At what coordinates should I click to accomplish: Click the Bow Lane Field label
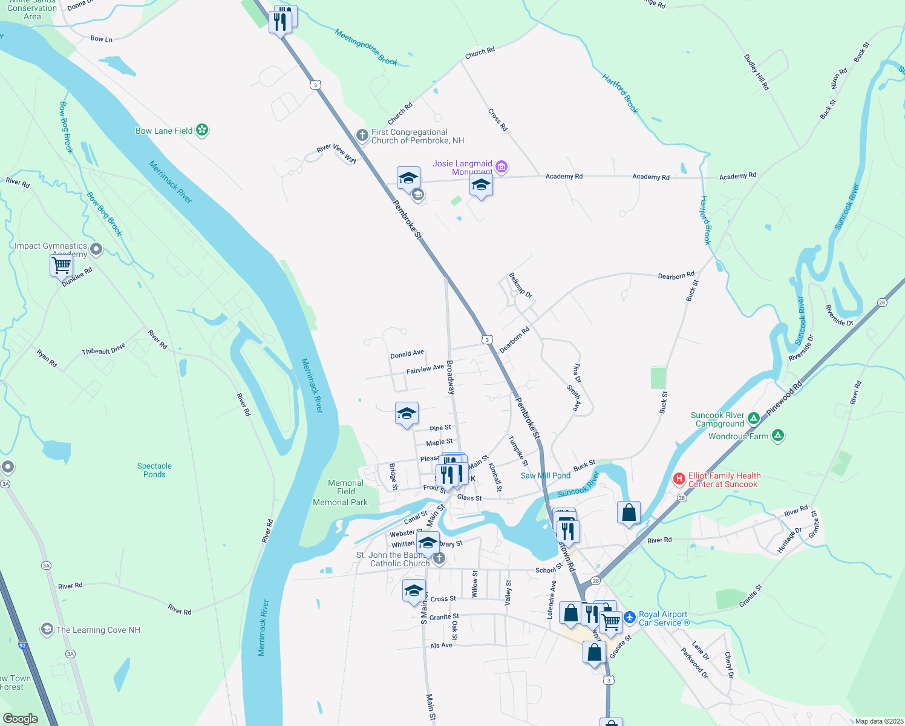(x=164, y=131)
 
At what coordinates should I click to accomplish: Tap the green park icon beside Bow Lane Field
(x=203, y=130)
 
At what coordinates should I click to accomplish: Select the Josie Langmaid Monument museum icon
(x=501, y=166)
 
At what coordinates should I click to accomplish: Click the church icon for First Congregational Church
(x=362, y=135)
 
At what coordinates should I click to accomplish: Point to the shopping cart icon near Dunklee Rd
(x=61, y=265)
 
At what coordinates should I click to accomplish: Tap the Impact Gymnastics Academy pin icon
(x=96, y=249)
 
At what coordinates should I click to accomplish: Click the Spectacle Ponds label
(x=154, y=470)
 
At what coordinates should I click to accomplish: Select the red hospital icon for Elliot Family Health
(x=679, y=479)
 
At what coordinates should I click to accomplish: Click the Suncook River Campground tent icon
(x=753, y=418)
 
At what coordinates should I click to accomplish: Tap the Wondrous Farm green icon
(x=778, y=436)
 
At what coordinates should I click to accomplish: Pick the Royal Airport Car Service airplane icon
(x=630, y=618)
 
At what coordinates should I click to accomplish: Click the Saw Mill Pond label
(x=546, y=476)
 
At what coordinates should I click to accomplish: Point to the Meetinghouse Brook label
(x=366, y=47)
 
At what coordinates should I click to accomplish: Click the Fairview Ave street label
(x=425, y=368)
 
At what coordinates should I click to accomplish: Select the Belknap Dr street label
(x=520, y=286)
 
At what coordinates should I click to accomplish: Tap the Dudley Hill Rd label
(x=757, y=72)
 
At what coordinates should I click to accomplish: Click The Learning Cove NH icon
(x=47, y=629)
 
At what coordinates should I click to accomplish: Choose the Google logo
(x=20, y=718)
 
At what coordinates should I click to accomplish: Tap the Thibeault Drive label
(x=103, y=348)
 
